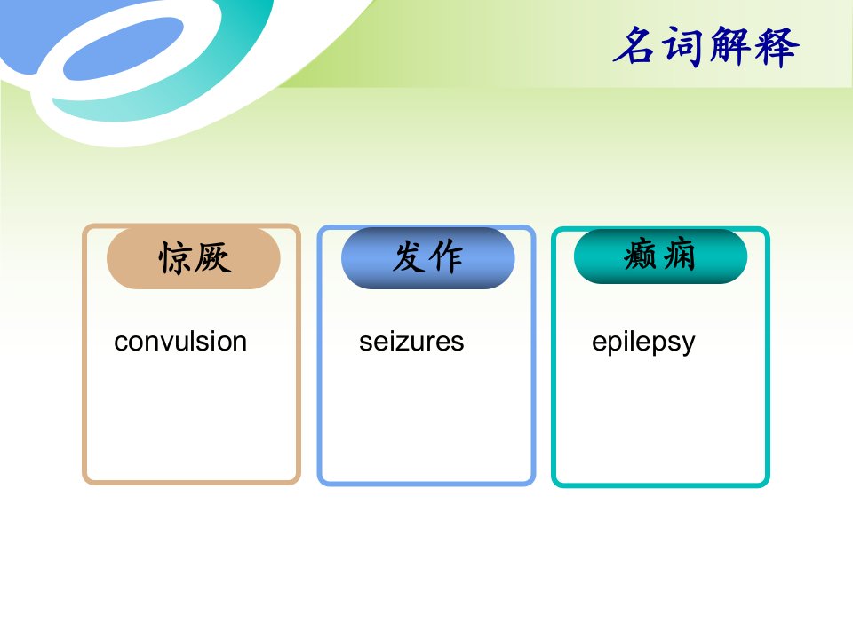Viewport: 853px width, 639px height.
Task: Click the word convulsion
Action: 180,342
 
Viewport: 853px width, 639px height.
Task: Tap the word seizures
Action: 411,342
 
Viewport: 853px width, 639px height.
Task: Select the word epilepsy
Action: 643,343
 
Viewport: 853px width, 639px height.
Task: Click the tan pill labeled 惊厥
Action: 194,258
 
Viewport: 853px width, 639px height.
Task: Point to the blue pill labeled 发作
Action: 428,257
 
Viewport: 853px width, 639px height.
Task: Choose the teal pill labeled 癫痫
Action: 660,256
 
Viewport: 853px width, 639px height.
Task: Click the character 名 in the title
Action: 634,45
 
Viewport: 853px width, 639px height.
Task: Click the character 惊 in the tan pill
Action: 175,258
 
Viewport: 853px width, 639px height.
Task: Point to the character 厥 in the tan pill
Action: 212,257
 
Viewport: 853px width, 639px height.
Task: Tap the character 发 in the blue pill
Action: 409,256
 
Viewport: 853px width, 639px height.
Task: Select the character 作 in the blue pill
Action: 446,256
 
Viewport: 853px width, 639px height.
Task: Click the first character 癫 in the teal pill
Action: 641,255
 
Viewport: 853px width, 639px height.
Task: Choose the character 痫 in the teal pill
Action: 678,255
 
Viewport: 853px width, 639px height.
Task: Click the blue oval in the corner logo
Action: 124,48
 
